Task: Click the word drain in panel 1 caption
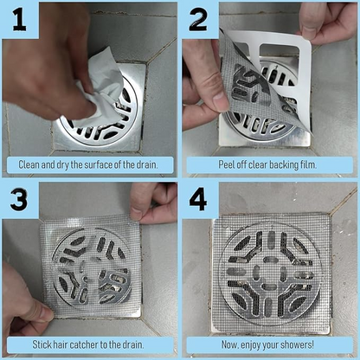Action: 142,164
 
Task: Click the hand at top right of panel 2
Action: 329,22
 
